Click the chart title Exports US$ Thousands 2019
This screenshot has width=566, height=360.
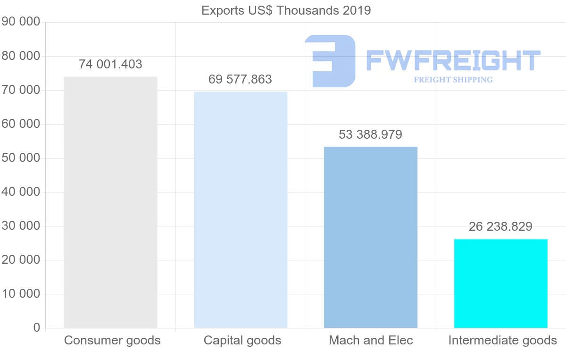pyautogui.click(x=286, y=10)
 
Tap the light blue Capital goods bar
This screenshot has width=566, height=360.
pyautogui.click(x=241, y=209)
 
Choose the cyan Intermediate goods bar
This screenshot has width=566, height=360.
pyautogui.click(x=500, y=283)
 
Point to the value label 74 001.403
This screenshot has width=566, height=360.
pyautogui.click(x=110, y=64)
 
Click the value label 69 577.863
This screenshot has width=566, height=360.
pyautogui.click(x=240, y=79)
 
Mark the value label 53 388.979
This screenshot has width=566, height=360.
pyautogui.click(x=370, y=134)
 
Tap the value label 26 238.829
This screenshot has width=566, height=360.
pyautogui.click(x=500, y=226)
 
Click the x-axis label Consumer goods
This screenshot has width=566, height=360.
pyautogui.click(x=112, y=340)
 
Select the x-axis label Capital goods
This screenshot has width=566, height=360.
pyautogui.click(x=242, y=340)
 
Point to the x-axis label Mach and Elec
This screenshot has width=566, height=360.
pyautogui.click(x=371, y=340)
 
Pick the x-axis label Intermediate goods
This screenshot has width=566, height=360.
pyautogui.click(x=502, y=340)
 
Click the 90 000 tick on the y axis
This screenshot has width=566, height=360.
pyautogui.click(x=20, y=22)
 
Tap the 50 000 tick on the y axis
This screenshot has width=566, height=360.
pyautogui.click(x=20, y=158)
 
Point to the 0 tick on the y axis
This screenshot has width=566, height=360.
pyautogui.click(x=36, y=328)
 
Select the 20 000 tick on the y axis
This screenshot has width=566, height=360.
pyautogui.click(x=20, y=260)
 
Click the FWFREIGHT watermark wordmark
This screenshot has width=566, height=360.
pyautogui.click(x=453, y=60)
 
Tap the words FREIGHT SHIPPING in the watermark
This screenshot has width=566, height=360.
pyautogui.click(x=453, y=80)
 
